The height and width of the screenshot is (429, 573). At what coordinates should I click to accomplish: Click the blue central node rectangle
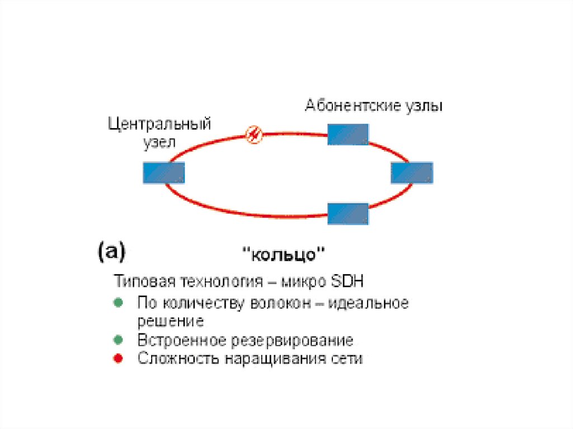163,173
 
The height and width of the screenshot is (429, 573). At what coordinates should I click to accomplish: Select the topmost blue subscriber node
347,135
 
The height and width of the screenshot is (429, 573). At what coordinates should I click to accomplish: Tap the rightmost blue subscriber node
411,173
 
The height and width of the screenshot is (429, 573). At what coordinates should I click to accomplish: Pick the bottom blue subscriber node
347,214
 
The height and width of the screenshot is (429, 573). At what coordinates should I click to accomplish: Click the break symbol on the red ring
254,134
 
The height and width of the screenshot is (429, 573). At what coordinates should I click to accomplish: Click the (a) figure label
112,252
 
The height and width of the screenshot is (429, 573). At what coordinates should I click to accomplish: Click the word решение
170,321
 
